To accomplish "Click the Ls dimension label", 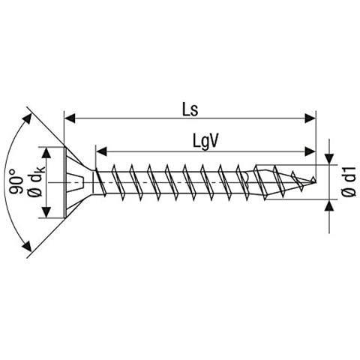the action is [x=190, y=110].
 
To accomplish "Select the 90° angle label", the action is [x=16, y=182].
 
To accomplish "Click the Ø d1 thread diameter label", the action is [x=349, y=182].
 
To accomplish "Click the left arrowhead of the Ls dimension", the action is [x=70, y=118].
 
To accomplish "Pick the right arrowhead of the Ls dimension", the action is [x=310, y=118].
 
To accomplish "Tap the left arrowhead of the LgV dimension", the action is [x=101, y=151].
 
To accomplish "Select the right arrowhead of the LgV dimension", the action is [x=310, y=151].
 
